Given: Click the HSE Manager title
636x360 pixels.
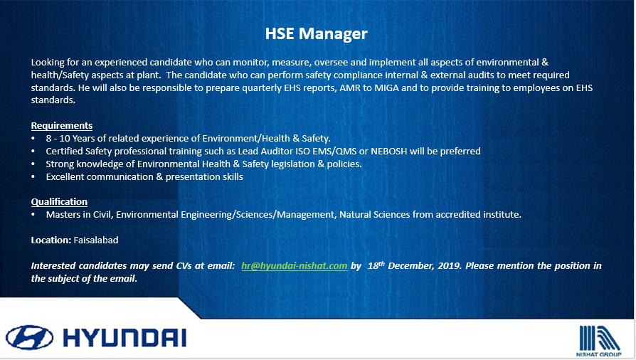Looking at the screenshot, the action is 316,33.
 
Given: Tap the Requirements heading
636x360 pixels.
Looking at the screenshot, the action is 62,125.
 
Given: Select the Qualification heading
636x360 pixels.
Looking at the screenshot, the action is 59,202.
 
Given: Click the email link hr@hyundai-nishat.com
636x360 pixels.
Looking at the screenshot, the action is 295,266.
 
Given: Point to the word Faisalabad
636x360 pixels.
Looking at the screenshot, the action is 96,240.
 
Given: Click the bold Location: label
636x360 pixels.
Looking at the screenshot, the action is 51,240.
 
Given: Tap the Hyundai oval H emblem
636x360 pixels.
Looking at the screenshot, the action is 29,338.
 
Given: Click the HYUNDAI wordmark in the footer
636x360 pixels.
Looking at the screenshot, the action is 125,338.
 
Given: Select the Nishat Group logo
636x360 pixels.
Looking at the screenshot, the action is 599,341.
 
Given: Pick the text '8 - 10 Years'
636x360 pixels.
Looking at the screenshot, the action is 70,139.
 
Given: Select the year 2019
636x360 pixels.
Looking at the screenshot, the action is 450,266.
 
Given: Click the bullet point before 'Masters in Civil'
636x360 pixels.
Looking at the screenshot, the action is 33,215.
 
